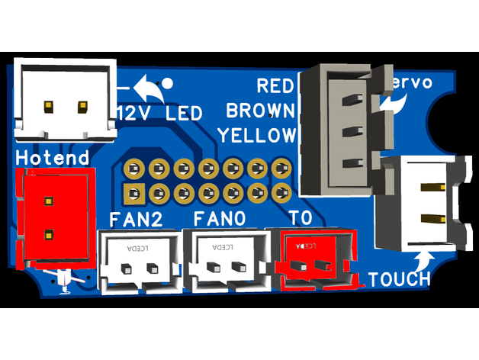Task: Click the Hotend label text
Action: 52,158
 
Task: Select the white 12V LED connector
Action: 64,100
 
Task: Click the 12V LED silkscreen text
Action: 160,114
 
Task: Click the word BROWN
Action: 260,111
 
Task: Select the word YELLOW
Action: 256,136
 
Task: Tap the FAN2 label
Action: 137,220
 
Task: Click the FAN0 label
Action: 219,220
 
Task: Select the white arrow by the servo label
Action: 394,103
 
